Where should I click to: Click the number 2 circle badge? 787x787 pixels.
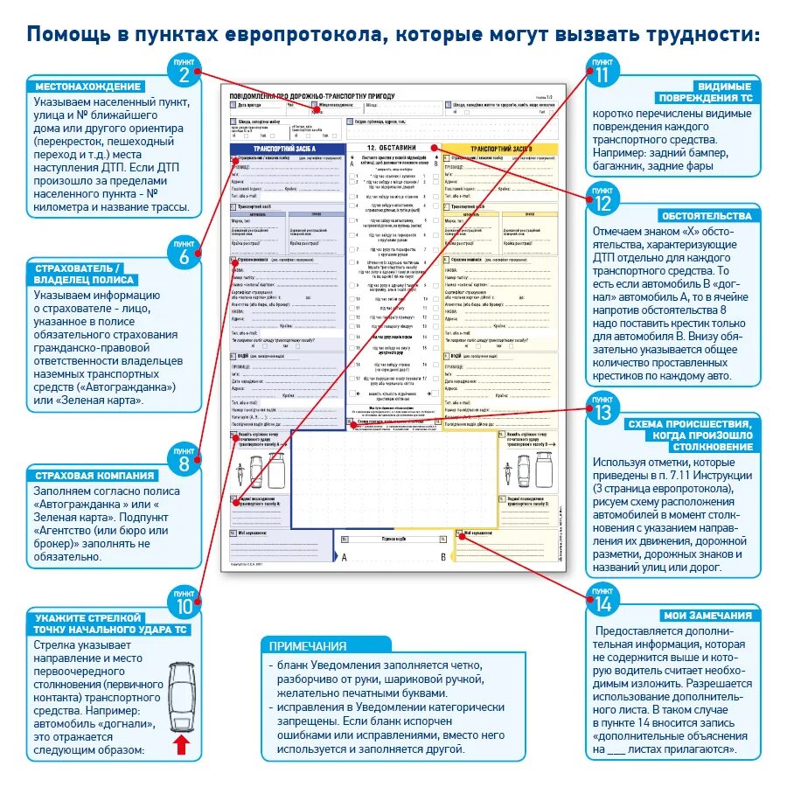[x=185, y=71]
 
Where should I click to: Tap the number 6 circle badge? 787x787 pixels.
[x=185, y=254]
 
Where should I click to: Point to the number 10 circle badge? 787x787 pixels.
[x=185, y=603]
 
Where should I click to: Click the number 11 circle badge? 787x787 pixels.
[x=602, y=71]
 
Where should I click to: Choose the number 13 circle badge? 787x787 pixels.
[x=602, y=408]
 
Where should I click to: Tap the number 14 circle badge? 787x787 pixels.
[x=602, y=601]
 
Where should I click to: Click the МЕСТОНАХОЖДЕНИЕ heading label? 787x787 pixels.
[x=87, y=87]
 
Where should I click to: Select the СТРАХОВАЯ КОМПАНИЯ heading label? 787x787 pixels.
[x=94, y=476]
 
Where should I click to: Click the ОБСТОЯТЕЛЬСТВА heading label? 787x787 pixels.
[x=707, y=216]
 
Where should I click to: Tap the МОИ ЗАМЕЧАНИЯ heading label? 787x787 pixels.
[x=707, y=616]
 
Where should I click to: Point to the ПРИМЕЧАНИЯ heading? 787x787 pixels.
[x=308, y=646]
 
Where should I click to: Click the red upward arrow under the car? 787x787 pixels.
[x=182, y=745]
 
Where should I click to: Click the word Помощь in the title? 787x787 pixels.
[x=68, y=36]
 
